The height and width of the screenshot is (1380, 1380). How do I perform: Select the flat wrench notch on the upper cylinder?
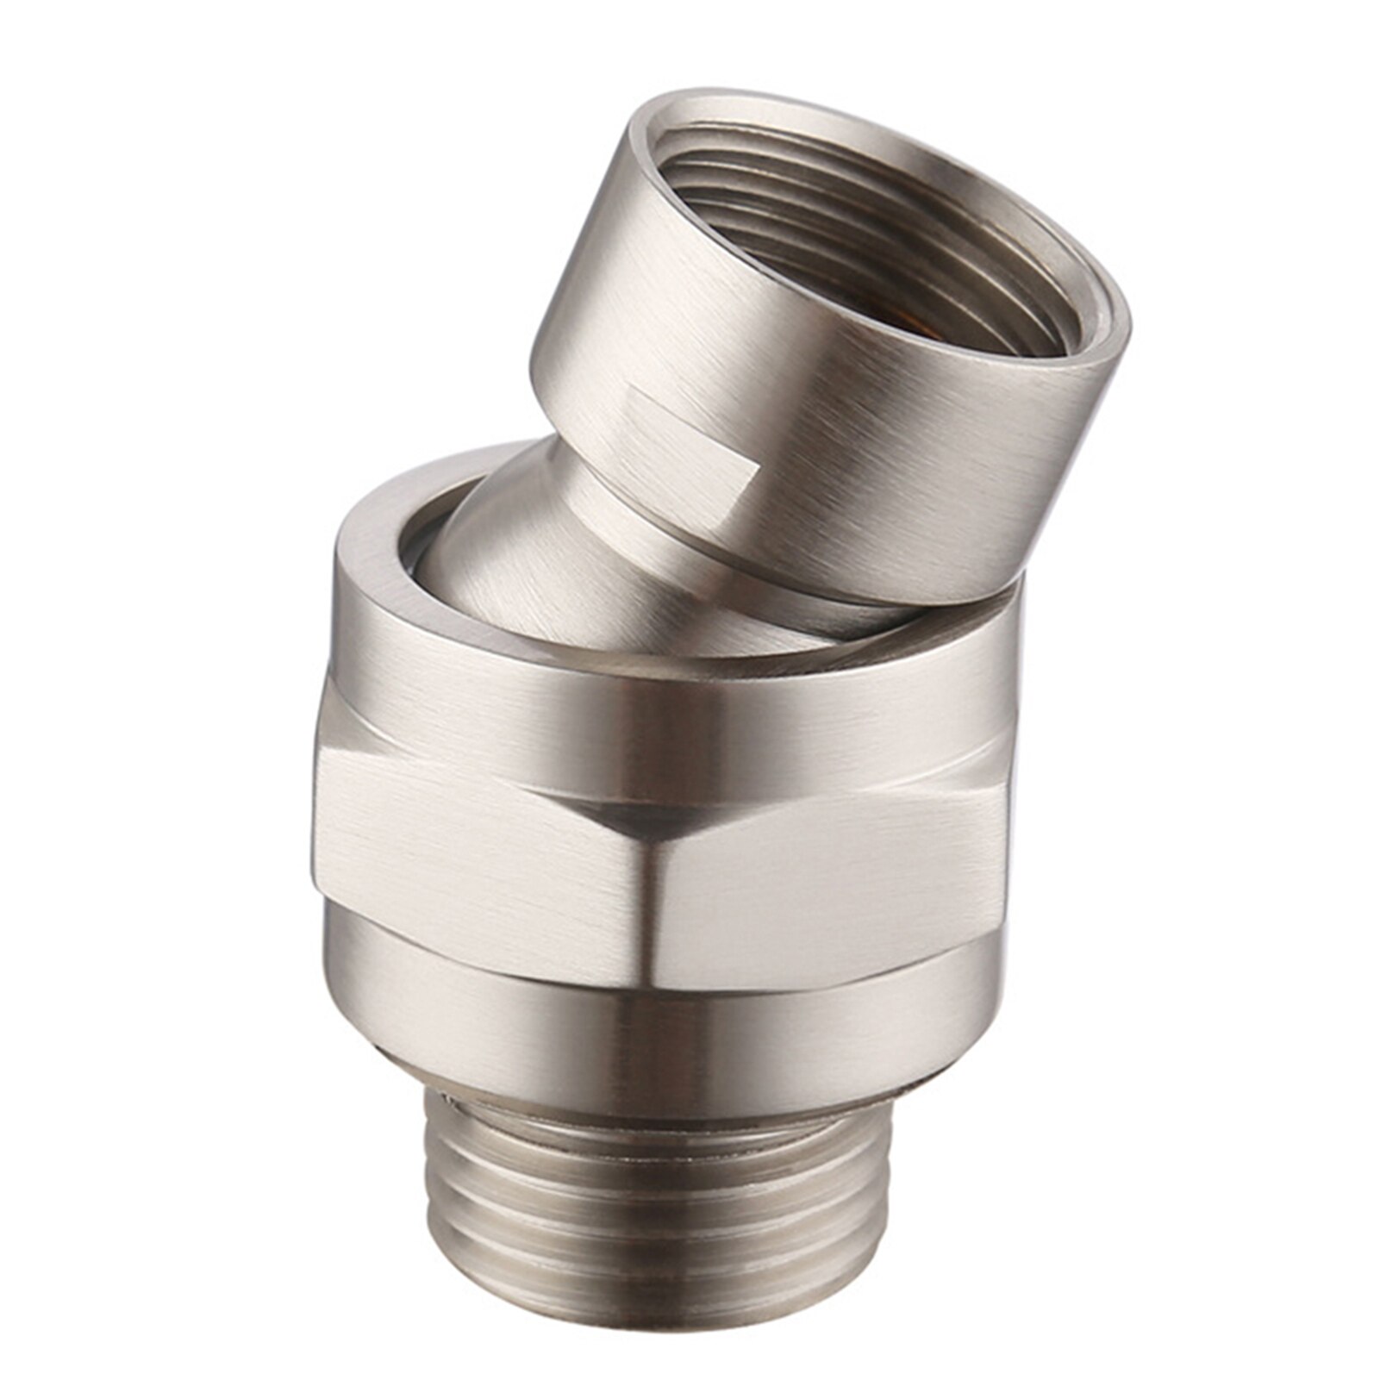coord(690,431)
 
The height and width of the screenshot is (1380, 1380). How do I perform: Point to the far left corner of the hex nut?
coord(315,827)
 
